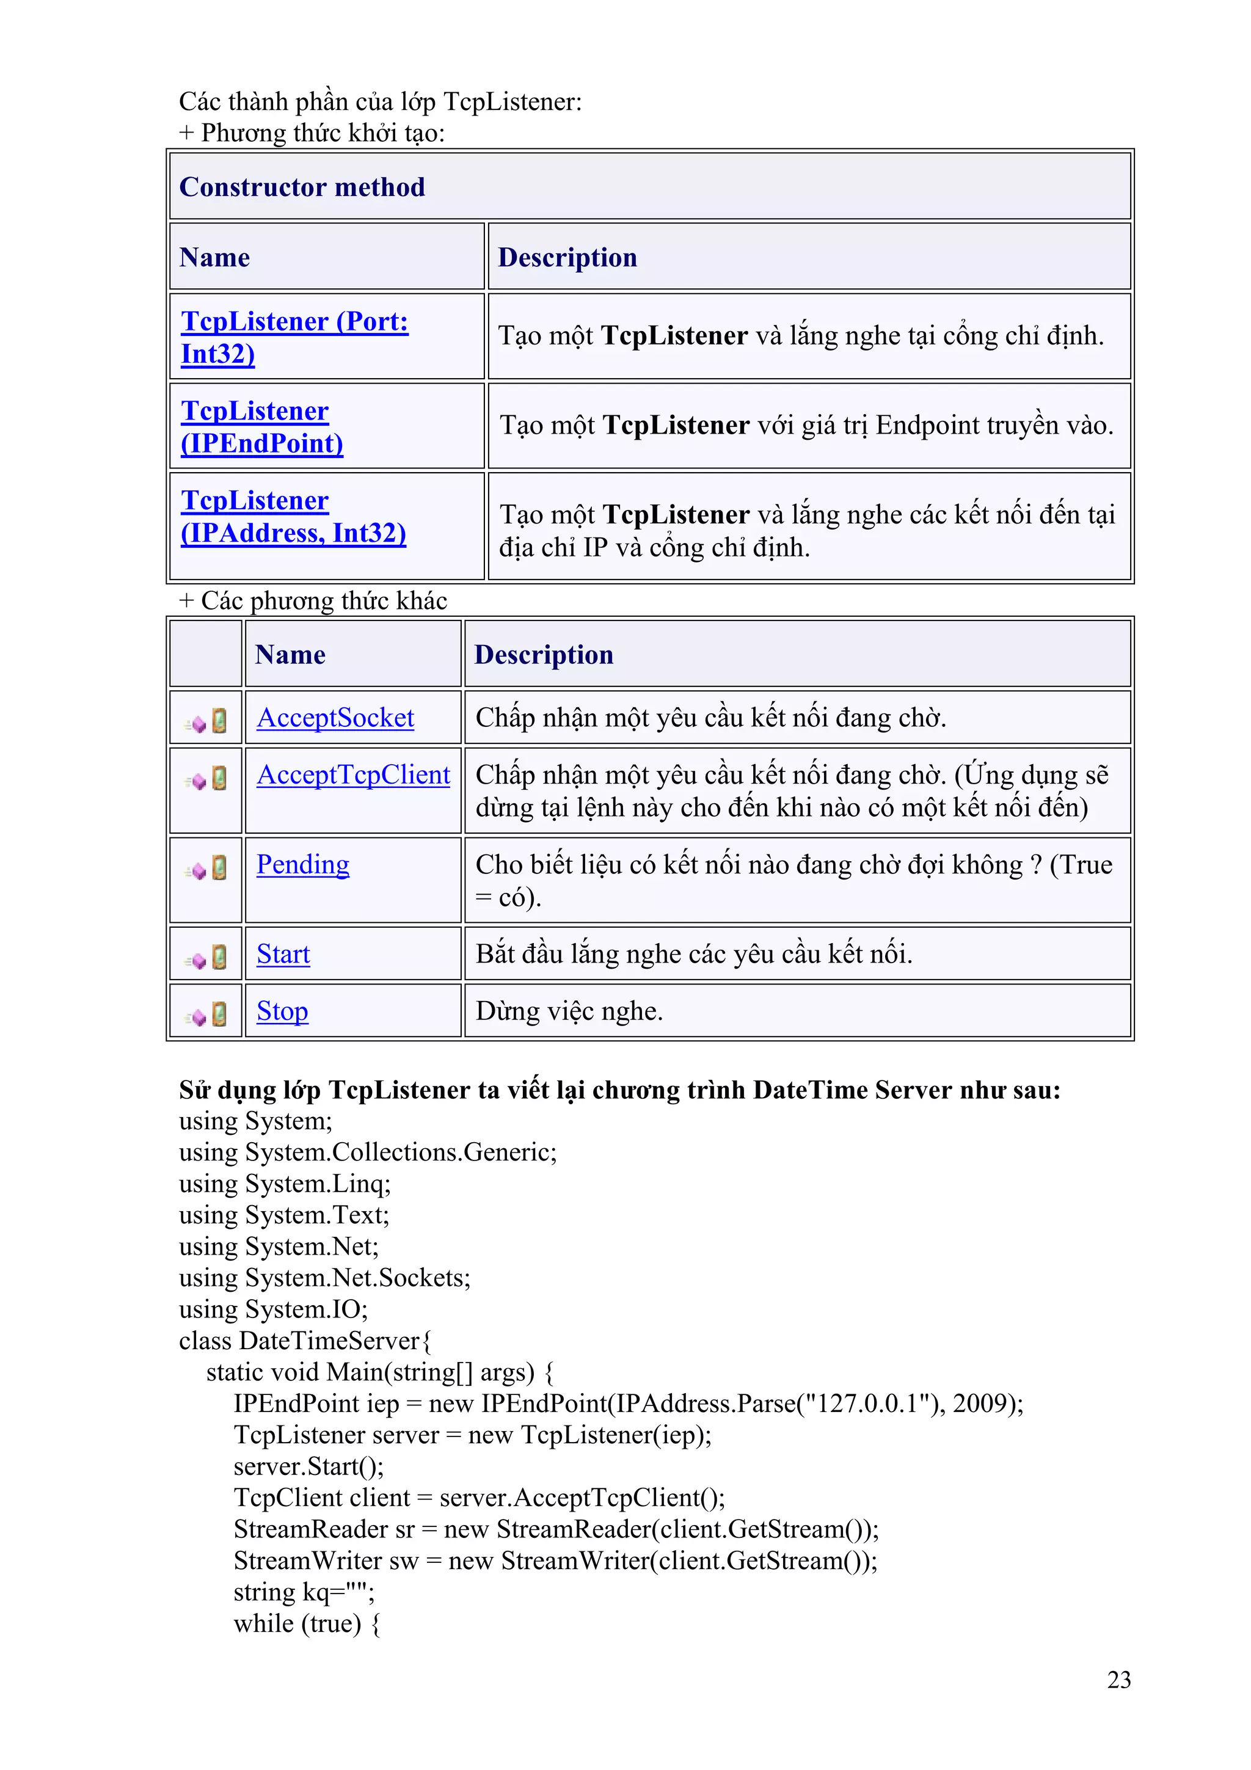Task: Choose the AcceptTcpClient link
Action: [x=353, y=775]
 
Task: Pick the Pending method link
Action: [x=302, y=864]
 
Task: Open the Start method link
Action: [x=283, y=955]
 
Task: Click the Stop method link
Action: [x=282, y=1011]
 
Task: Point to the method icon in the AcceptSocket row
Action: [x=206, y=721]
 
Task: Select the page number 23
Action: [x=1118, y=1679]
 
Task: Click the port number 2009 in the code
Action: [x=980, y=1403]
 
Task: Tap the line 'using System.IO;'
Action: [x=273, y=1309]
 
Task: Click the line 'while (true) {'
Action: [x=306, y=1623]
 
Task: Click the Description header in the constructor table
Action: [x=567, y=258]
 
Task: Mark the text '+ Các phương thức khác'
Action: [x=312, y=600]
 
